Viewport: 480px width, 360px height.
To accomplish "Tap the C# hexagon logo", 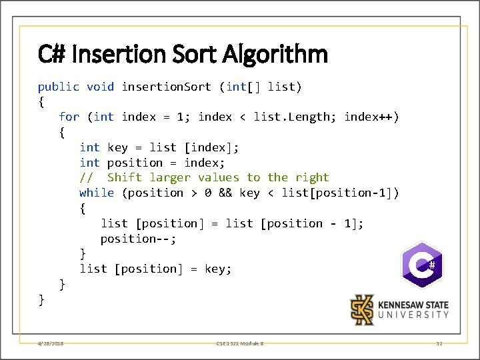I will (x=421, y=265).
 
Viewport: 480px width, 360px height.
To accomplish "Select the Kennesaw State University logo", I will (x=400, y=310).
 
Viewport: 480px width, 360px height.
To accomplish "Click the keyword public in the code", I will (x=58, y=87).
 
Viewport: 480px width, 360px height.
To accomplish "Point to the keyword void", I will (x=100, y=87).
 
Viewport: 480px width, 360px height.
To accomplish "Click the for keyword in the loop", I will (x=69, y=117).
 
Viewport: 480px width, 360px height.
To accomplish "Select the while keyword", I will (x=97, y=193).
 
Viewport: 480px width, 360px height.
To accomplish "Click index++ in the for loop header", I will (x=371, y=117).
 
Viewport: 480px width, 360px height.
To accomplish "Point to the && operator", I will (x=225, y=193).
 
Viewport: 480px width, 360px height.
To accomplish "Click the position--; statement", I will (x=139, y=239).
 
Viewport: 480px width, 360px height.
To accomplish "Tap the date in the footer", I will (x=51, y=343).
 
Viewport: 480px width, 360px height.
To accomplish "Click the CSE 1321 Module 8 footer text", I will (x=240, y=343).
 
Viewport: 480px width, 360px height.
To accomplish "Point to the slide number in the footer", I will (x=439, y=343).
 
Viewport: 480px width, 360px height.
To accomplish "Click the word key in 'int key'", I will (x=117, y=147).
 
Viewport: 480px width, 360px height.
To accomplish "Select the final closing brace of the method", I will (x=41, y=299).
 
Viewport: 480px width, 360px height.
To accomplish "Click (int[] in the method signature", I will (x=239, y=87).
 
